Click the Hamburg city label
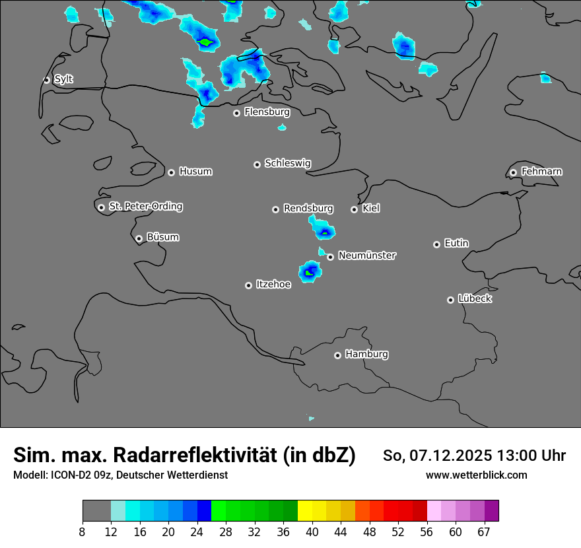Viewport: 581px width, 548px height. pyautogui.click(x=366, y=354)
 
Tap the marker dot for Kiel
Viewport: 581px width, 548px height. pyautogui.click(x=354, y=209)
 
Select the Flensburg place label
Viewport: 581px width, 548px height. pyautogui.click(x=267, y=112)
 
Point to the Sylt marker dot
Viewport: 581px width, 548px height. pyautogui.click(x=46, y=80)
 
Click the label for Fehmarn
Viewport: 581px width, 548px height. pyautogui.click(x=541, y=172)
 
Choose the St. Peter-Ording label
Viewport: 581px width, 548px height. pyautogui.click(x=145, y=207)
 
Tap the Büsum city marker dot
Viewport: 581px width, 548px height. pyautogui.click(x=139, y=238)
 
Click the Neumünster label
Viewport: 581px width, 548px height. pyautogui.click(x=367, y=256)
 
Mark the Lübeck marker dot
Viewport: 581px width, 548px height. pyautogui.click(x=450, y=300)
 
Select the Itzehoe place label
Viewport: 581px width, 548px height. pyautogui.click(x=273, y=285)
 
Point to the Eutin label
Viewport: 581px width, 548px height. pyautogui.click(x=456, y=244)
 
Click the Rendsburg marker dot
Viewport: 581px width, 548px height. pyautogui.click(x=275, y=209)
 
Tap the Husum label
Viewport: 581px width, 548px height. pyautogui.click(x=195, y=172)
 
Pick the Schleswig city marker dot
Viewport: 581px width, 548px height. pyautogui.click(x=257, y=164)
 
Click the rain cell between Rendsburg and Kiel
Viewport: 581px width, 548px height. pyautogui.click(x=323, y=230)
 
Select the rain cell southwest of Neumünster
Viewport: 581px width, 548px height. pyautogui.click(x=309, y=271)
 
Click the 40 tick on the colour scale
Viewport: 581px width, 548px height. pyautogui.click(x=312, y=531)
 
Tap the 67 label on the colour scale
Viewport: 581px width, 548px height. pyautogui.click(x=484, y=531)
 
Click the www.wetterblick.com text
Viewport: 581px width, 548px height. pyautogui.click(x=476, y=475)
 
